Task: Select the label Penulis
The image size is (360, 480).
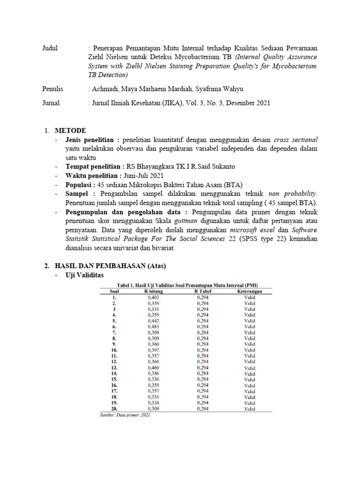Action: point(52,89)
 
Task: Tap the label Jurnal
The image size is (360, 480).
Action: point(51,103)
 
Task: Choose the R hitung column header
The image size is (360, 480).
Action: point(153,291)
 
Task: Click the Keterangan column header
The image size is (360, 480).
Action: point(249,291)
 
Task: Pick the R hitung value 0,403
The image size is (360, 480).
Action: point(154,297)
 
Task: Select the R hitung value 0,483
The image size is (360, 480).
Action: point(154,327)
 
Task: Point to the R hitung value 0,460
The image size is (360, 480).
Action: point(154,368)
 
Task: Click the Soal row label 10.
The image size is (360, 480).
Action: point(114,350)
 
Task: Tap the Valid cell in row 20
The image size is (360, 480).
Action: point(249,409)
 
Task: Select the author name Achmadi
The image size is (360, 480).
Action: point(106,89)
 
